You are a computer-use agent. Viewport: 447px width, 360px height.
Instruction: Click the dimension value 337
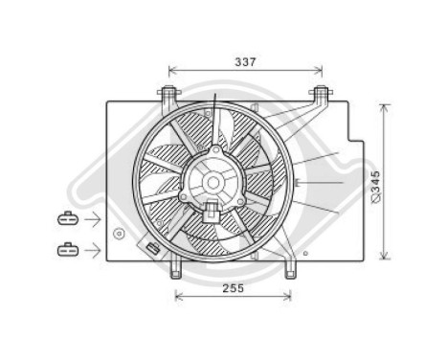(245, 61)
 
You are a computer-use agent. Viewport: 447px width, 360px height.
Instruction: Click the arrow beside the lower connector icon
(94, 250)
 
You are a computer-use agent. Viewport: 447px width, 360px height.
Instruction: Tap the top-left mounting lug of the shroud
(169, 95)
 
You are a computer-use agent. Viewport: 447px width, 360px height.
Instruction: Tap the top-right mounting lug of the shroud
(320, 95)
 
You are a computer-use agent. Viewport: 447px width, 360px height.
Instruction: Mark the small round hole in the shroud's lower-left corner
(118, 233)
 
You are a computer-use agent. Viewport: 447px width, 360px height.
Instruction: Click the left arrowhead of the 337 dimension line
(171, 70)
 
